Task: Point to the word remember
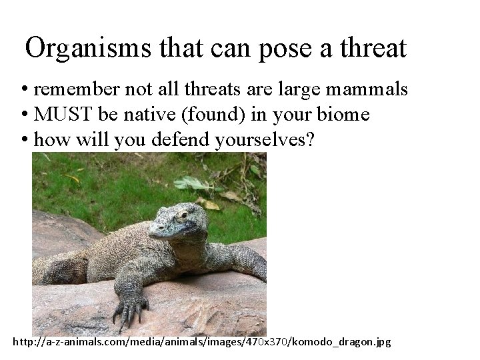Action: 76,89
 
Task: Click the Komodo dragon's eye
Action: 181,215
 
